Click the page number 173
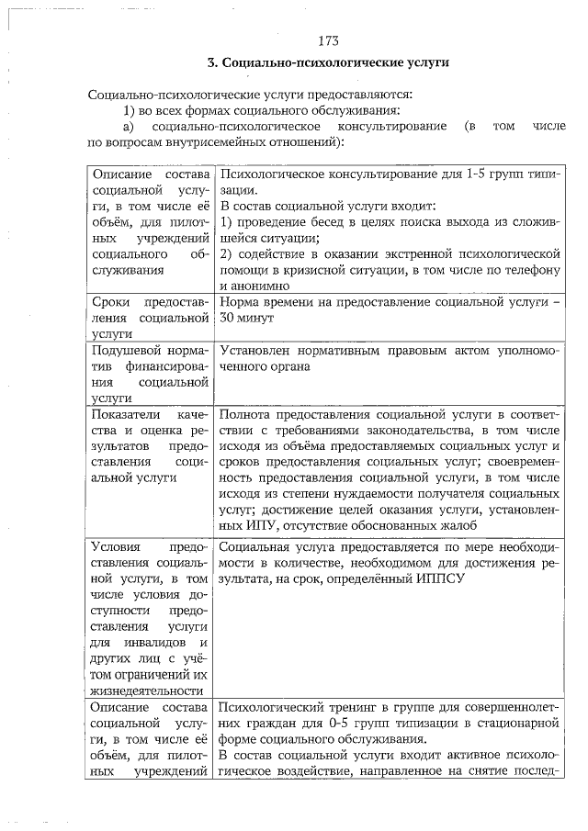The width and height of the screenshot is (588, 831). pos(328,40)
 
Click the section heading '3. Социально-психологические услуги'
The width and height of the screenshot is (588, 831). pos(327,63)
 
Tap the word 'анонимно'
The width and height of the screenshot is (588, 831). pos(248,286)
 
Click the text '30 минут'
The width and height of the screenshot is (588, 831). pos(244,318)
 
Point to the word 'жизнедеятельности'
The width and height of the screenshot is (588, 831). pos(148,689)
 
